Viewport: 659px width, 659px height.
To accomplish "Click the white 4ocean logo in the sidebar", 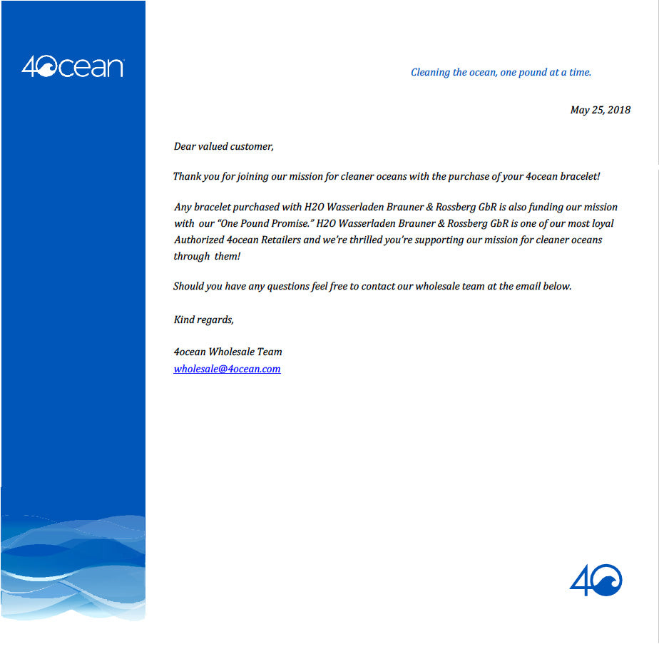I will point(73,67).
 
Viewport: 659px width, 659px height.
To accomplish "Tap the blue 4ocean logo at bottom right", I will point(596,580).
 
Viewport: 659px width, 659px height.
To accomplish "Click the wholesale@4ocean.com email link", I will point(227,369).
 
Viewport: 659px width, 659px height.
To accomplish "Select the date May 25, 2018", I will point(600,110).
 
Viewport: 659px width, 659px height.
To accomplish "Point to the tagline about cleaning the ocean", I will point(501,72).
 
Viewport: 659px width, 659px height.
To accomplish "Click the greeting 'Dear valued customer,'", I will point(223,146).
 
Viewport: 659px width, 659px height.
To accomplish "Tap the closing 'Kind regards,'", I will point(203,320).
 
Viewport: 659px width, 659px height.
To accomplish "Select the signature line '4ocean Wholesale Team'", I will point(228,352).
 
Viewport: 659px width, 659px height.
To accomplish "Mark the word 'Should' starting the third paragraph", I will point(188,286).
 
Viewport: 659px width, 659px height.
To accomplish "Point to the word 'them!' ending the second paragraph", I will point(228,256).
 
